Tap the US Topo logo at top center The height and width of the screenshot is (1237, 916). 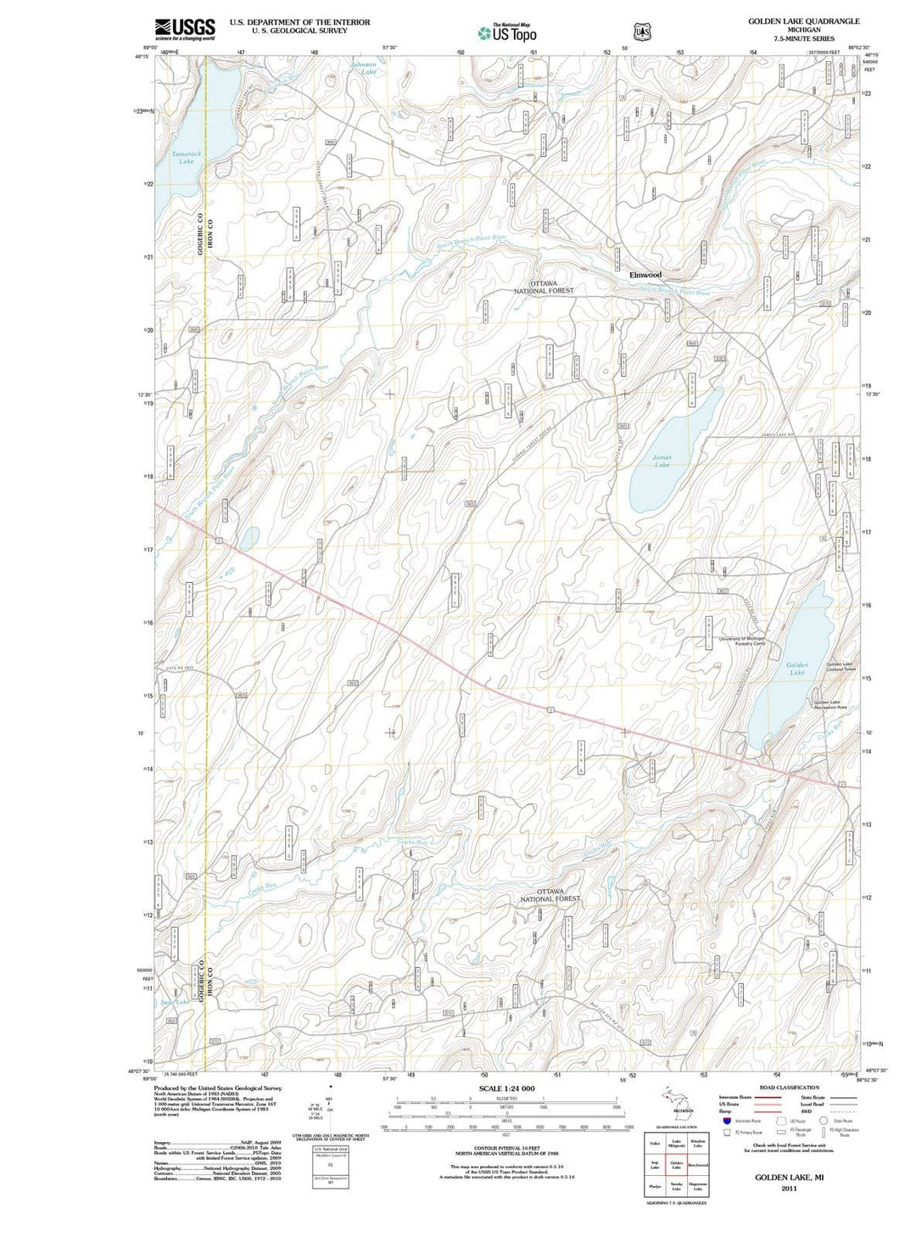coord(507,32)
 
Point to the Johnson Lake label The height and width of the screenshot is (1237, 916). coord(365,68)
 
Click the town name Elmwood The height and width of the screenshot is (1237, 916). coord(645,275)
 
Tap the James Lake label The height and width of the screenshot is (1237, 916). coord(662,462)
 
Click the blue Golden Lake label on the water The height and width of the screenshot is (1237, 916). coord(796,669)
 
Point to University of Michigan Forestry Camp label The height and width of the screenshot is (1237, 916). coord(742,641)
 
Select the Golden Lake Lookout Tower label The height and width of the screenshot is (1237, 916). coord(841,667)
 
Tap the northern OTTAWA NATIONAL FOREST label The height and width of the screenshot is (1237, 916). coord(543,287)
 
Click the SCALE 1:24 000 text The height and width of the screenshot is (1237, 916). coord(506,1089)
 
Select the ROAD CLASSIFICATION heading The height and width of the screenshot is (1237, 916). coord(790,1087)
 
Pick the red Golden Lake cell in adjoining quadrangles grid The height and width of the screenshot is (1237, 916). coord(677,1166)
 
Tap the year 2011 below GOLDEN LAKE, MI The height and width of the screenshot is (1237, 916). coord(789,1188)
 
